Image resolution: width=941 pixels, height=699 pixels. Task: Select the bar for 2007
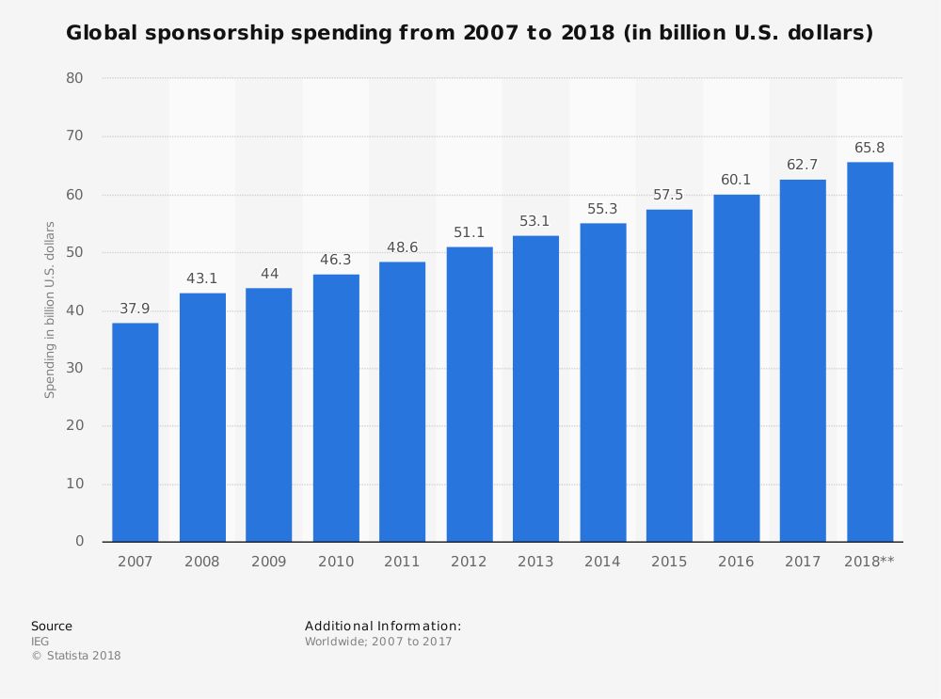coord(135,432)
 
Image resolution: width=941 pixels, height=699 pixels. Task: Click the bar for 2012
coord(470,394)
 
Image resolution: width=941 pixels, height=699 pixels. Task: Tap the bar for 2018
coord(869,352)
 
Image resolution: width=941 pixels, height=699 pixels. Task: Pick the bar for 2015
coord(669,375)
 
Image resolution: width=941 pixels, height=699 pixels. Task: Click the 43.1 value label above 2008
coord(201,279)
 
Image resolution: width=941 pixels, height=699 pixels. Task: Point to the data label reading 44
coord(269,274)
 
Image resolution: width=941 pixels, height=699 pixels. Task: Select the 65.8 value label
coord(869,148)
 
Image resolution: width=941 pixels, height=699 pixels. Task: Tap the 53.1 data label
coord(534,222)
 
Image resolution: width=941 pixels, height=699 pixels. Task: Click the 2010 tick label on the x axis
coord(336,562)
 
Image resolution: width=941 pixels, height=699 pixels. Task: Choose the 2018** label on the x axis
coord(869,562)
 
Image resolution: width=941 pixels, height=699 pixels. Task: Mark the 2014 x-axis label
coord(602,562)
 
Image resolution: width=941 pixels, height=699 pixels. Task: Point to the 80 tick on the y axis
coord(75,78)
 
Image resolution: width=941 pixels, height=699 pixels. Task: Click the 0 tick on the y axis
coord(80,541)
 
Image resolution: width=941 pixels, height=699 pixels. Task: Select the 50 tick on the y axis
coord(75,252)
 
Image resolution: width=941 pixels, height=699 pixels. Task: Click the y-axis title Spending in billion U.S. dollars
coord(51,310)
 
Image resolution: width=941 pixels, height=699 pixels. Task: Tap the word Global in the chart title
coord(100,34)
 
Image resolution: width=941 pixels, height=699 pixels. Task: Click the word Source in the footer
coord(52,626)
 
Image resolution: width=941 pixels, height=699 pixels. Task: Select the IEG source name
coord(40,642)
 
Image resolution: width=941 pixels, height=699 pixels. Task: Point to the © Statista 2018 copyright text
coord(76,656)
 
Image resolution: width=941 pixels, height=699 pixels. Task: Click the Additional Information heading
coord(383,626)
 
